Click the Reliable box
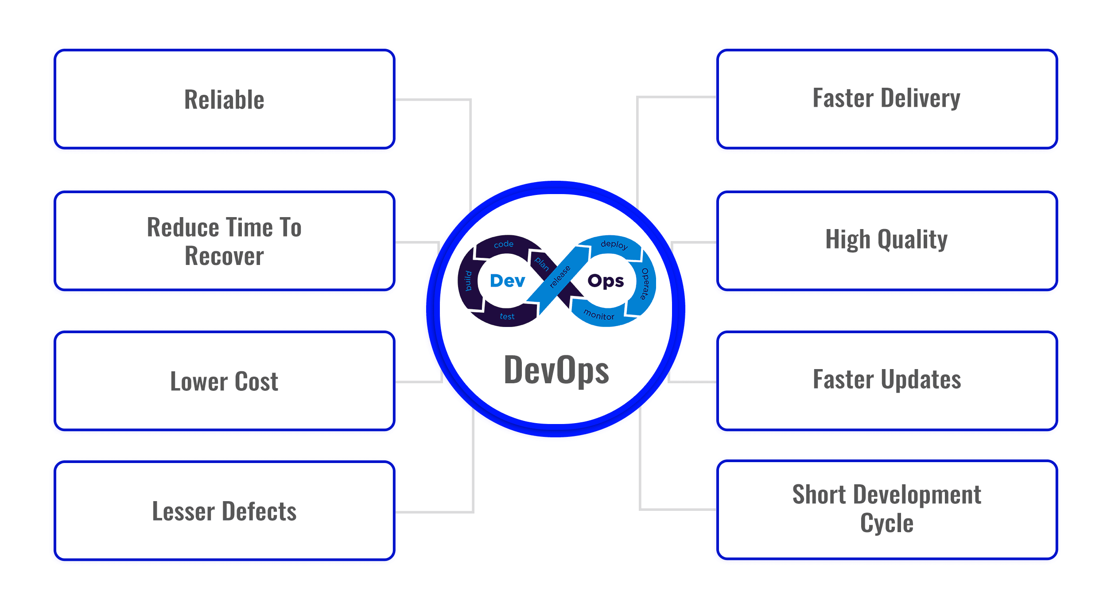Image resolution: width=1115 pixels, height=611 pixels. (224, 99)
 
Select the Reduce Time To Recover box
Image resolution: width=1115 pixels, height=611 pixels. (224, 241)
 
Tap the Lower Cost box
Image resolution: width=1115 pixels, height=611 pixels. (224, 381)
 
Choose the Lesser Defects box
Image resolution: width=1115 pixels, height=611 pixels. (224, 511)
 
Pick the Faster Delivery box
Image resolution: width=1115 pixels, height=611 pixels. (886, 98)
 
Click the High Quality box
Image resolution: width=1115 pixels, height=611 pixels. (886, 240)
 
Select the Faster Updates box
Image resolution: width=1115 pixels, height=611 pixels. (886, 380)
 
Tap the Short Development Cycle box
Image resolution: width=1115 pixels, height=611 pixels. (886, 510)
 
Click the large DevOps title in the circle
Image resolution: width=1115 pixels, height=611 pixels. (556, 370)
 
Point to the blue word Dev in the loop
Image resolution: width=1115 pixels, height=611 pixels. (508, 281)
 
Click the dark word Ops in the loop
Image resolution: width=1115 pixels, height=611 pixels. (606, 281)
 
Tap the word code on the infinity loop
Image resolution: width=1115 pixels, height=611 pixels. (504, 244)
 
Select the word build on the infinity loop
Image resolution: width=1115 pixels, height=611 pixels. (468, 281)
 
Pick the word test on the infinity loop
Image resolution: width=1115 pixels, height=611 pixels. (507, 316)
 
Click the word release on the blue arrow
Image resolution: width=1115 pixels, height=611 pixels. (560, 277)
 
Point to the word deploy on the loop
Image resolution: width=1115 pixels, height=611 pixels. (614, 245)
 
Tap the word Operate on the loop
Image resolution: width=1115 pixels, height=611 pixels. (645, 284)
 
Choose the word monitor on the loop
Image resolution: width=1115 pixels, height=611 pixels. (599, 315)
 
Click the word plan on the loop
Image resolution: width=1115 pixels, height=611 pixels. (541, 264)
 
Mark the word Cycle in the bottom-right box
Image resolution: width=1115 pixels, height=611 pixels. (886, 524)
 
